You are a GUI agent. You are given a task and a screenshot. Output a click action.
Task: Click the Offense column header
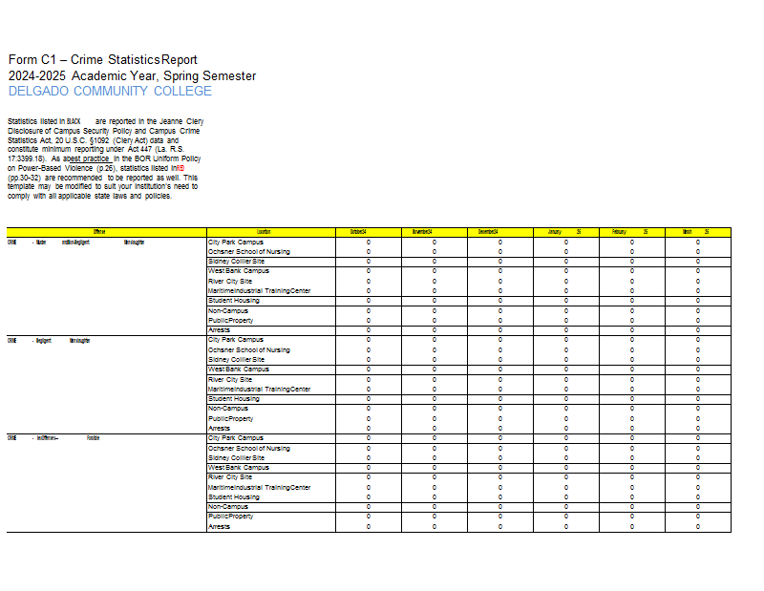click(x=99, y=232)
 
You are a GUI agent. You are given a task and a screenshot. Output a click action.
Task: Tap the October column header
click(x=358, y=232)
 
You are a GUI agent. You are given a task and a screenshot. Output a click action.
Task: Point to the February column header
click(x=622, y=232)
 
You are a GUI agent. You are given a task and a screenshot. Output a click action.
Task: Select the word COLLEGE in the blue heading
click(x=183, y=92)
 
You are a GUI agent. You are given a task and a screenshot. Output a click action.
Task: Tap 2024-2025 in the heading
click(x=37, y=75)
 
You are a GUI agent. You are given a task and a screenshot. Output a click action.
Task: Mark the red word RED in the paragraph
click(x=191, y=168)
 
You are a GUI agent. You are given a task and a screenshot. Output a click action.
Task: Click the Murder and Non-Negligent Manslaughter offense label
click(x=76, y=243)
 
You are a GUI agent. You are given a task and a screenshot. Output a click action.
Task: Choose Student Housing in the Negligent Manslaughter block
click(x=234, y=398)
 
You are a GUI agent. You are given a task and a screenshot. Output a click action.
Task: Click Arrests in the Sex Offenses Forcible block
click(x=220, y=526)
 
